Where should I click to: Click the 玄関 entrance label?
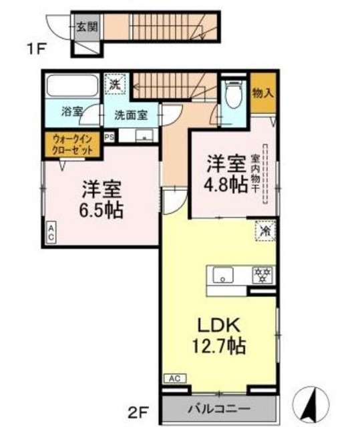[x=85, y=27]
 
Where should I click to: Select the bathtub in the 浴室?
[x=72, y=87]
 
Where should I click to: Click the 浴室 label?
[x=70, y=112]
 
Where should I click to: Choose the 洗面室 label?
[x=130, y=114]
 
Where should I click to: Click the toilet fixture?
[x=234, y=95]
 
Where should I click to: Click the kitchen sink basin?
[x=222, y=274]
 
